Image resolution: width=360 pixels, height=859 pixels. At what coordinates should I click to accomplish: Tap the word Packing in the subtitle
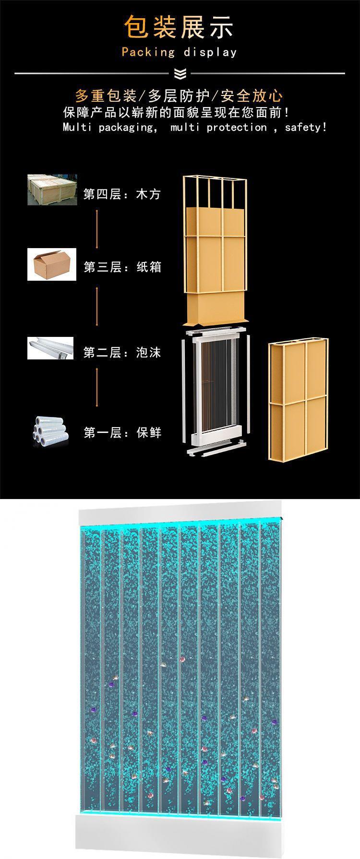coord(148,52)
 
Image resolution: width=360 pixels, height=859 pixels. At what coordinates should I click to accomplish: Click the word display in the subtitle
coord(210,52)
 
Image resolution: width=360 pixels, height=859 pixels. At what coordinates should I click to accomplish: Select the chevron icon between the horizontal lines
coord(180,73)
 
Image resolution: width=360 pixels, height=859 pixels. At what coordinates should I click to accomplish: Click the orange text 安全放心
coord(252,96)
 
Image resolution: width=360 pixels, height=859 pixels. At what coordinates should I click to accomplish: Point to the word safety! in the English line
coord(306,127)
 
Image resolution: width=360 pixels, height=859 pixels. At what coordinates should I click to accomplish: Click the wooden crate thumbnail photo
coord(52,190)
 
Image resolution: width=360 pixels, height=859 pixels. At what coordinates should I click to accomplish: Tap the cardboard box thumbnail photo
coord(52,264)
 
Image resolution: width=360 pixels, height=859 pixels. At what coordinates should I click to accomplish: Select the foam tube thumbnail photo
coord(50,348)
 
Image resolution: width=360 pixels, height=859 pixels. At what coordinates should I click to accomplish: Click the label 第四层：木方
coord(122,194)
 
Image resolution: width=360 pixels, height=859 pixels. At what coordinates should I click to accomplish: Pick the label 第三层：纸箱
coord(122,267)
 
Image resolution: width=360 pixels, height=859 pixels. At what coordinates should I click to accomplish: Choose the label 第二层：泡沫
coord(122,353)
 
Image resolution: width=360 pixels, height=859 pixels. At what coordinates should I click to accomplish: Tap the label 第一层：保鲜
coord(122,433)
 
